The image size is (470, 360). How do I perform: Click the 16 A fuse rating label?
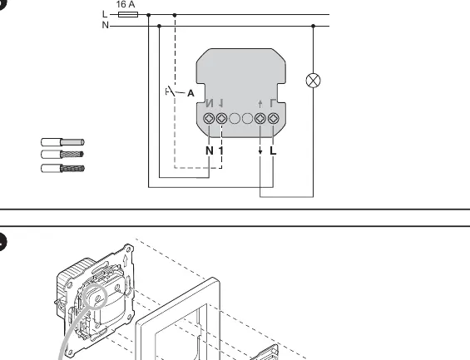(126, 4)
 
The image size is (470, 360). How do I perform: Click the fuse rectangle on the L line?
(128, 14)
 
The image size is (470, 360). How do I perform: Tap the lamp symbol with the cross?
(314, 81)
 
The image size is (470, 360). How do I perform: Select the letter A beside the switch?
(190, 93)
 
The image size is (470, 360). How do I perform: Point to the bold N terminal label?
(210, 150)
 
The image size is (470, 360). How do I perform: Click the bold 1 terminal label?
(221, 150)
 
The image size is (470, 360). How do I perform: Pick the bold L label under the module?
(273, 150)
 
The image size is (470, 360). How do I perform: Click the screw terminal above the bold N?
(209, 119)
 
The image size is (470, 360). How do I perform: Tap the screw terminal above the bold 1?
(221, 119)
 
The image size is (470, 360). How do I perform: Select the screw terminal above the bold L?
(273, 119)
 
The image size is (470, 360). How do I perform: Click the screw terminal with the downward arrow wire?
(260, 119)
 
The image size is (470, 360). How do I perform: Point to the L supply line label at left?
(105, 14)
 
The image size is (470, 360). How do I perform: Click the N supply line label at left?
(105, 25)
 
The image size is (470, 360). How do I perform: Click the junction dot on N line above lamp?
(314, 26)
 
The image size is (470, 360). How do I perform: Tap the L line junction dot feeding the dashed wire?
(175, 15)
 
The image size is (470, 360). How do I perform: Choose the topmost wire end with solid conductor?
(62, 142)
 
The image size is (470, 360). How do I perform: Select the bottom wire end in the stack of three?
(62, 168)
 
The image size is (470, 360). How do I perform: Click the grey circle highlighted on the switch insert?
(95, 296)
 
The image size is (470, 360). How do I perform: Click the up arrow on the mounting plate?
(125, 260)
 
